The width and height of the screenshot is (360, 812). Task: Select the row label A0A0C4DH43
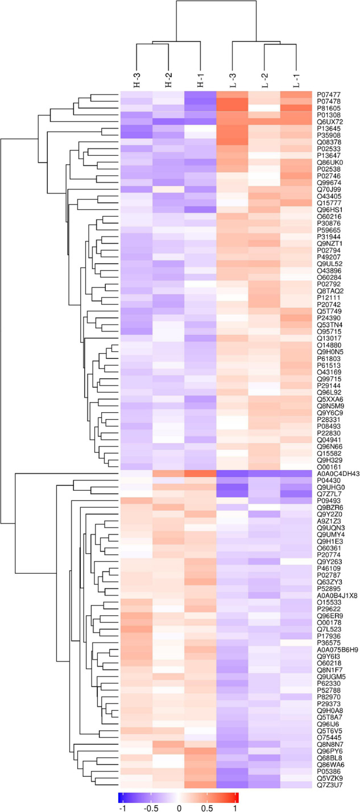[337, 473]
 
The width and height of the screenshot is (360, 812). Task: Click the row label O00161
[329, 466]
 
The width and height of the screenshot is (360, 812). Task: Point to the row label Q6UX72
[329, 122]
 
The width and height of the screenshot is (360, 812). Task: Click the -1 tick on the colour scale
[121, 804]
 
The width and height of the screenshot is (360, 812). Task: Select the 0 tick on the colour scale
[179, 804]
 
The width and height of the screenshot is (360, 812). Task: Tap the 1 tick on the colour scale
[237, 804]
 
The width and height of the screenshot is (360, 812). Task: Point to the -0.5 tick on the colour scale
[150, 804]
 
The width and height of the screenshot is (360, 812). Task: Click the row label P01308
[329, 115]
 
